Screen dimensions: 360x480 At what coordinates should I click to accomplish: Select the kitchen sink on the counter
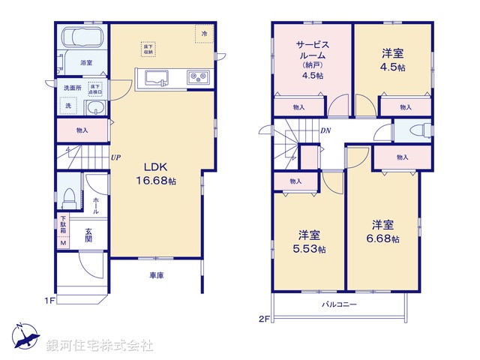(158, 77)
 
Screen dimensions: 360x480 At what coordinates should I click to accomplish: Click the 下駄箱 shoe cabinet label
(64, 226)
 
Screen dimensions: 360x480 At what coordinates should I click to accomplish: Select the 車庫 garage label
(156, 276)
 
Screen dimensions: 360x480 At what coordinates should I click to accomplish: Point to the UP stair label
(116, 157)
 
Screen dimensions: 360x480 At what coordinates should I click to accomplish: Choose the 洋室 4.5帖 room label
(392, 60)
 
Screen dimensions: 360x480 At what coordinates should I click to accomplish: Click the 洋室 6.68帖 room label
(383, 231)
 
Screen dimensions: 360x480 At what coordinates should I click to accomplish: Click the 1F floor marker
(49, 301)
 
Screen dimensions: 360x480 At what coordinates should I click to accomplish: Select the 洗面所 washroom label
(73, 88)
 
